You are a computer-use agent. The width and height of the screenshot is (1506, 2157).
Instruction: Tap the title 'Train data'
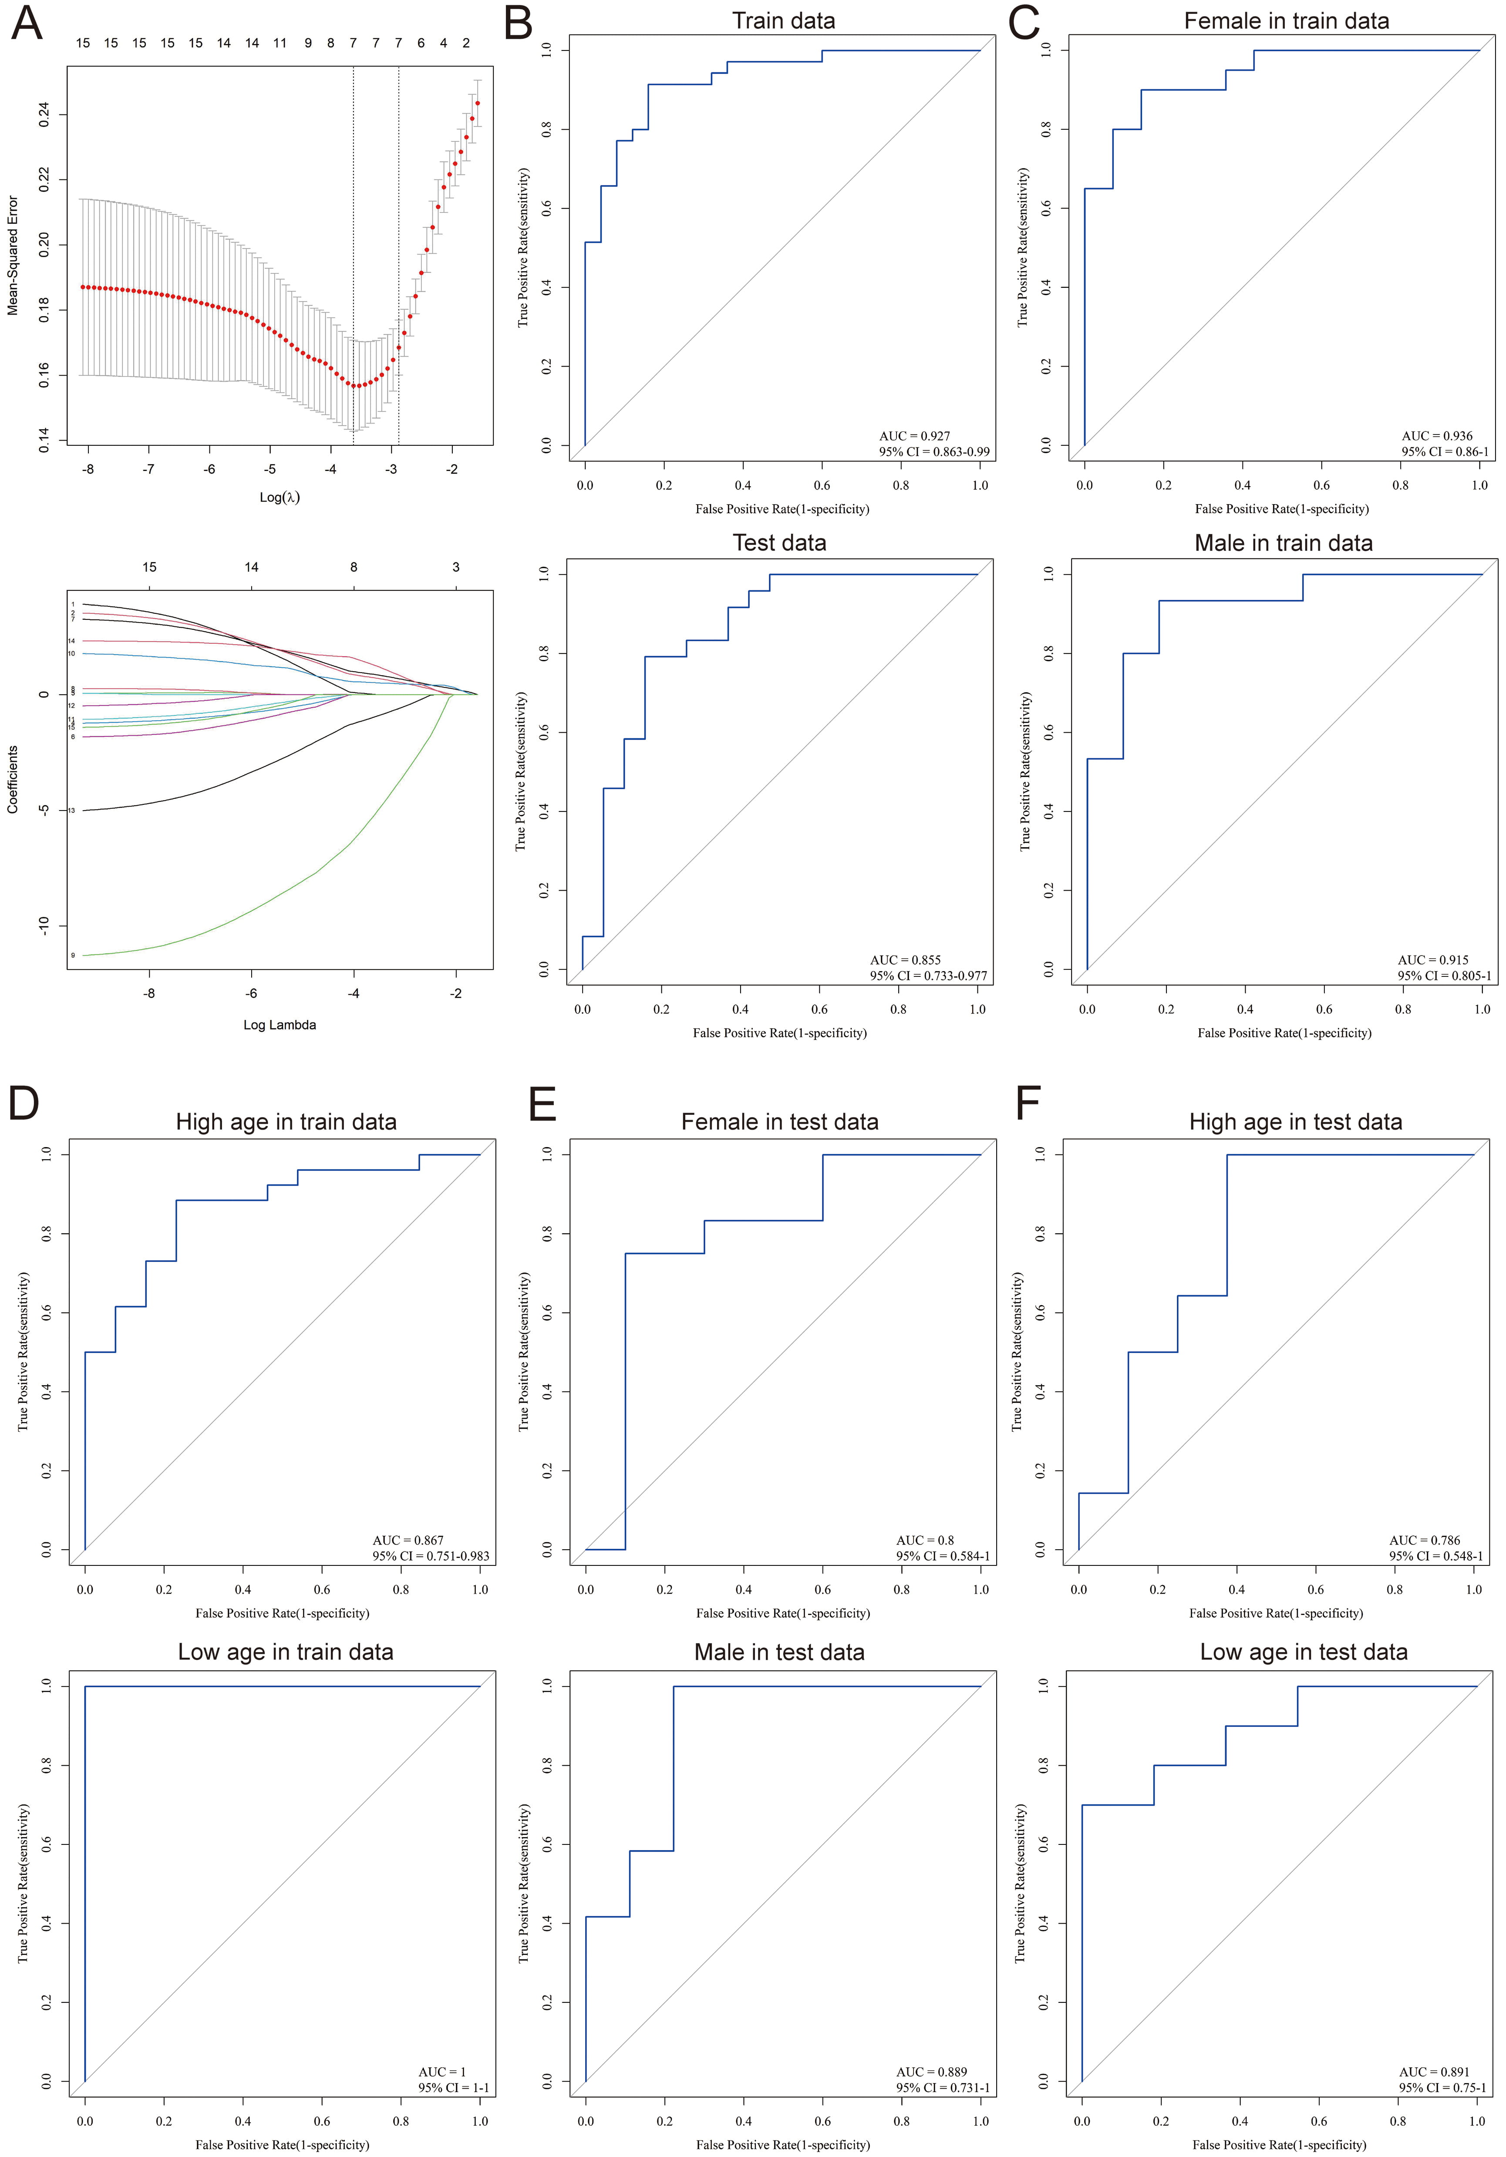[x=784, y=20]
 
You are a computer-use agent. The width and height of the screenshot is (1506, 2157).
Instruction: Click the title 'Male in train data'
[x=1284, y=543]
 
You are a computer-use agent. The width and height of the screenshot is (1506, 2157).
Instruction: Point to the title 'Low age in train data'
[x=286, y=1652]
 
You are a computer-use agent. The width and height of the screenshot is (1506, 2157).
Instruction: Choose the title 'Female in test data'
[x=780, y=1122]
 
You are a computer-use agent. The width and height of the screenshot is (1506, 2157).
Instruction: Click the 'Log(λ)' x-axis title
[x=279, y=497]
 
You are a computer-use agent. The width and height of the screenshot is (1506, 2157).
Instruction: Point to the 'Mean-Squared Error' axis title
[x=13, y=256]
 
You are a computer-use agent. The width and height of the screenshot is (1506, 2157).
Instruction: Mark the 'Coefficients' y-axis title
[x=13, y=780]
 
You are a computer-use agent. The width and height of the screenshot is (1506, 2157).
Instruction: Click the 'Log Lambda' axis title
[x=279, y=1025]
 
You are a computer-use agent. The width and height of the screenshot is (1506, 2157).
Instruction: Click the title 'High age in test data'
[x=1296, y=1122]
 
